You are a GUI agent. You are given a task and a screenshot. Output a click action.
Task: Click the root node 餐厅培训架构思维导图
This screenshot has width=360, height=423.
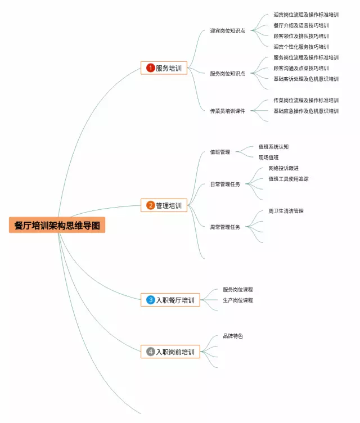coord(57,225)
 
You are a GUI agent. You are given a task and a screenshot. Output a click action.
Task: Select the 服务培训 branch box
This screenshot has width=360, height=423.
coord(164,68)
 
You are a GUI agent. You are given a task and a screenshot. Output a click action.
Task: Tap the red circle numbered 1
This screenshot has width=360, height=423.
coord(150,68)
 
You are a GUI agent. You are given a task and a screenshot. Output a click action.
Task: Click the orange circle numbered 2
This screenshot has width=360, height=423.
coord(150,206)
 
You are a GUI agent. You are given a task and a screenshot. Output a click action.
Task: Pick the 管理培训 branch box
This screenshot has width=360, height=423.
coord(164,206)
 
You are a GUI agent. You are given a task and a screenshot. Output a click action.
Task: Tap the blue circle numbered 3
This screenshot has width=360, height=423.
coord(150,300)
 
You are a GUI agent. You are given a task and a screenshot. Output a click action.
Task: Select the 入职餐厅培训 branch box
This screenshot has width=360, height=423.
coord(170,300)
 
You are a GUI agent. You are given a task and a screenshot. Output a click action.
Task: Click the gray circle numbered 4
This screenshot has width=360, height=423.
coord(150,352)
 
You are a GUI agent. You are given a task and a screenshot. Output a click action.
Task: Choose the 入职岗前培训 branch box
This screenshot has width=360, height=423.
coord(170,352)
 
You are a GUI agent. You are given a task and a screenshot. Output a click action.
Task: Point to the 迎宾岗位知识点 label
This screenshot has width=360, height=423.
coord(227,31)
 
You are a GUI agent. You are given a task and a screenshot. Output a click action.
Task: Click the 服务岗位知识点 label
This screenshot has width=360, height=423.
coord(227,74)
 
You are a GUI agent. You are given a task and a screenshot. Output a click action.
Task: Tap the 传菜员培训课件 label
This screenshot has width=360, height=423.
coord(227,111)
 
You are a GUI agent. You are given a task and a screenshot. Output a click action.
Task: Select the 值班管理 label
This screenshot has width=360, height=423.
coord(220,152)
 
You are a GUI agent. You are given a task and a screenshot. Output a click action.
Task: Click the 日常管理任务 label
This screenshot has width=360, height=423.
coord(225,184)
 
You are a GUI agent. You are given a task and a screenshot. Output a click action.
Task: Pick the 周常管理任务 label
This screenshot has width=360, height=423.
coord(225,227)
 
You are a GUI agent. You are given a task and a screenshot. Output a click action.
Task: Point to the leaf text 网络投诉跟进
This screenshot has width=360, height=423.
coord(283,168)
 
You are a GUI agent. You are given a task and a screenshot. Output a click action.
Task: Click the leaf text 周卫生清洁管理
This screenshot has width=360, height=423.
coord(286,211)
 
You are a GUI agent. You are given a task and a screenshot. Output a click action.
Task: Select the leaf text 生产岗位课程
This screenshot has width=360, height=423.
coord(237,300)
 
